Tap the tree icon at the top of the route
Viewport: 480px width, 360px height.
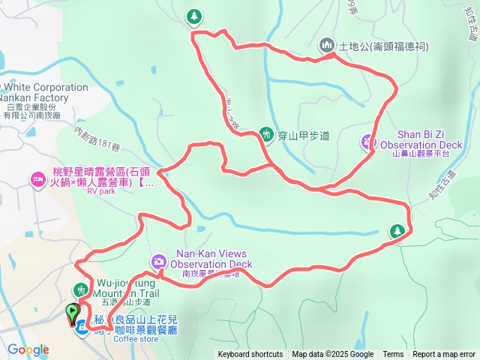pyautogui.click(x=193, y=16)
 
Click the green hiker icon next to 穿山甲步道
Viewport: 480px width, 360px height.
pyautogui.click(x=265, y=134)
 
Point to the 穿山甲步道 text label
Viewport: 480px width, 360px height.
pyautogui.click(x=303, y=136)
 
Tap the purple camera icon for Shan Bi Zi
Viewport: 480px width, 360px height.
pyautogui.click(x=367, y=139)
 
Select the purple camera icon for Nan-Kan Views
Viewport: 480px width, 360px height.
pyautogui.click(x=158, y=262)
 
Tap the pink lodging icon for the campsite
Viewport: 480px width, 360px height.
pyautogui.click(x=37, y=179)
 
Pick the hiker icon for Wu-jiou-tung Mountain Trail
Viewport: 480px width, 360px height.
pyautogui.click(x=81, y=289)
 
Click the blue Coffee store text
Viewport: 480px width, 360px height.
pyautogui.click(x=136, y=338)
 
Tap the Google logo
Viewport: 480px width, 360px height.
pyautogui.click(x=28, y=349)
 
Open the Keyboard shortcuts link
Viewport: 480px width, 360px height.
pyautogui.click(x=250, y=355)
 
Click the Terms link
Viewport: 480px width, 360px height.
pyautogui.click(x=393, y=355)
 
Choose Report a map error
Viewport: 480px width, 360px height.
pyautogui.click(x=444, y=355)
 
